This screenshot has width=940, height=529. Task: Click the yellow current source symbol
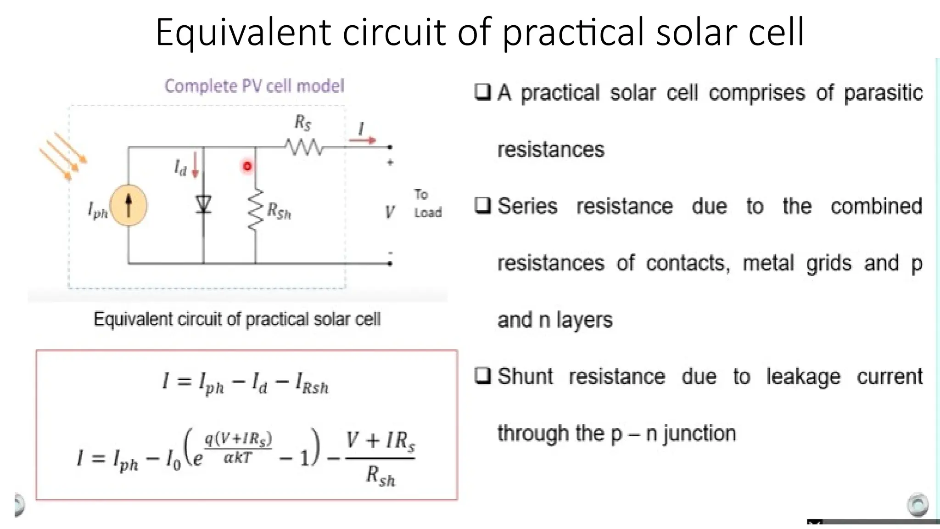point(129,205)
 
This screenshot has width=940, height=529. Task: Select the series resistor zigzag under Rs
point(304,147)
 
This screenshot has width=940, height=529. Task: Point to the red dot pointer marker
point(247,166)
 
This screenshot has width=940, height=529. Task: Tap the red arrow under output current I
point(362,140)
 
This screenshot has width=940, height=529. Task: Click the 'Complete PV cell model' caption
point(254,86)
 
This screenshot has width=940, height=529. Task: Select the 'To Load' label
point(427,203)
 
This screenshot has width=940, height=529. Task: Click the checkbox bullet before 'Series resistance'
point(482,205)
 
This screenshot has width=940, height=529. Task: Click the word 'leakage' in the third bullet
point(803,377)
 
